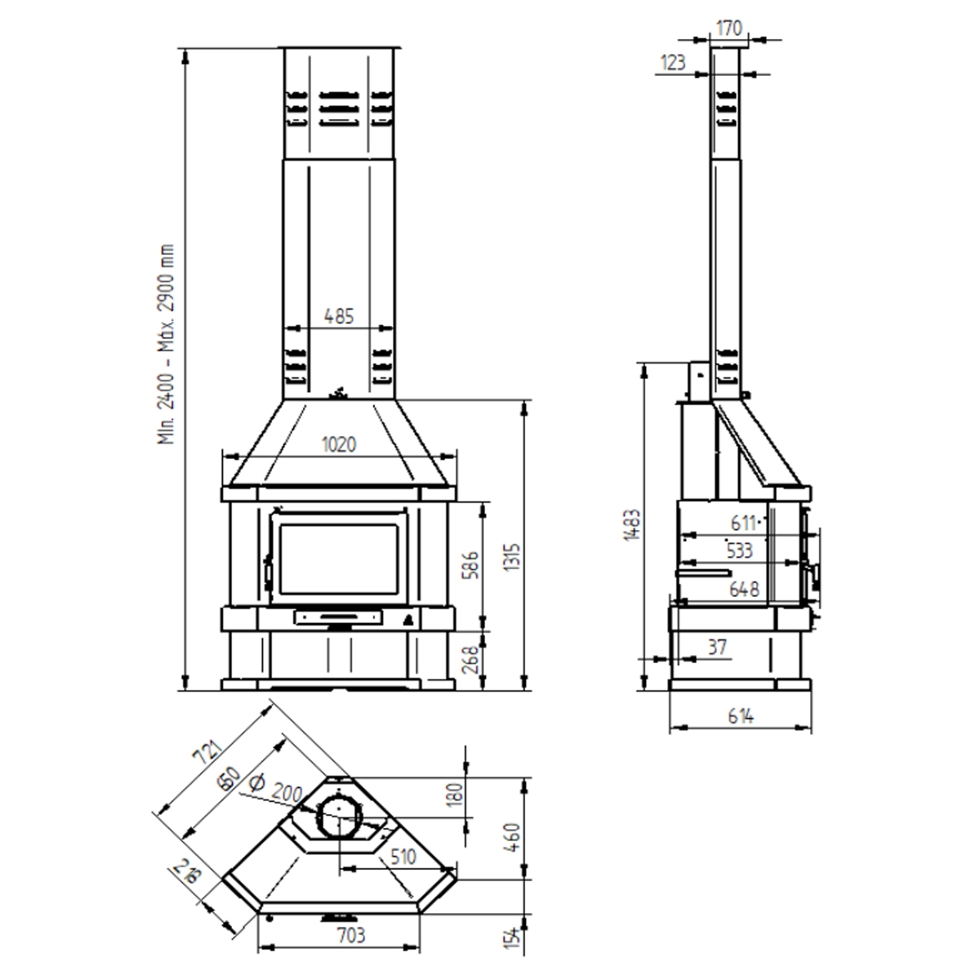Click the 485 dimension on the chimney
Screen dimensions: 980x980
[x=339, y=316]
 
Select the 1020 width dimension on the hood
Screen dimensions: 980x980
[x=339, y=445]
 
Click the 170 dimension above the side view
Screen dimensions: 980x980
[x=728, y=29]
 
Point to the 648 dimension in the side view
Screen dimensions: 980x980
[x=745, y=589]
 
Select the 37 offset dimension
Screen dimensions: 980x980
[x=716, y=648]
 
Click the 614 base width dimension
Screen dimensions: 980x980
[x=739, y=716]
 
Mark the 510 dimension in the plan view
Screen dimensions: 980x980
[x=403, y=857]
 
